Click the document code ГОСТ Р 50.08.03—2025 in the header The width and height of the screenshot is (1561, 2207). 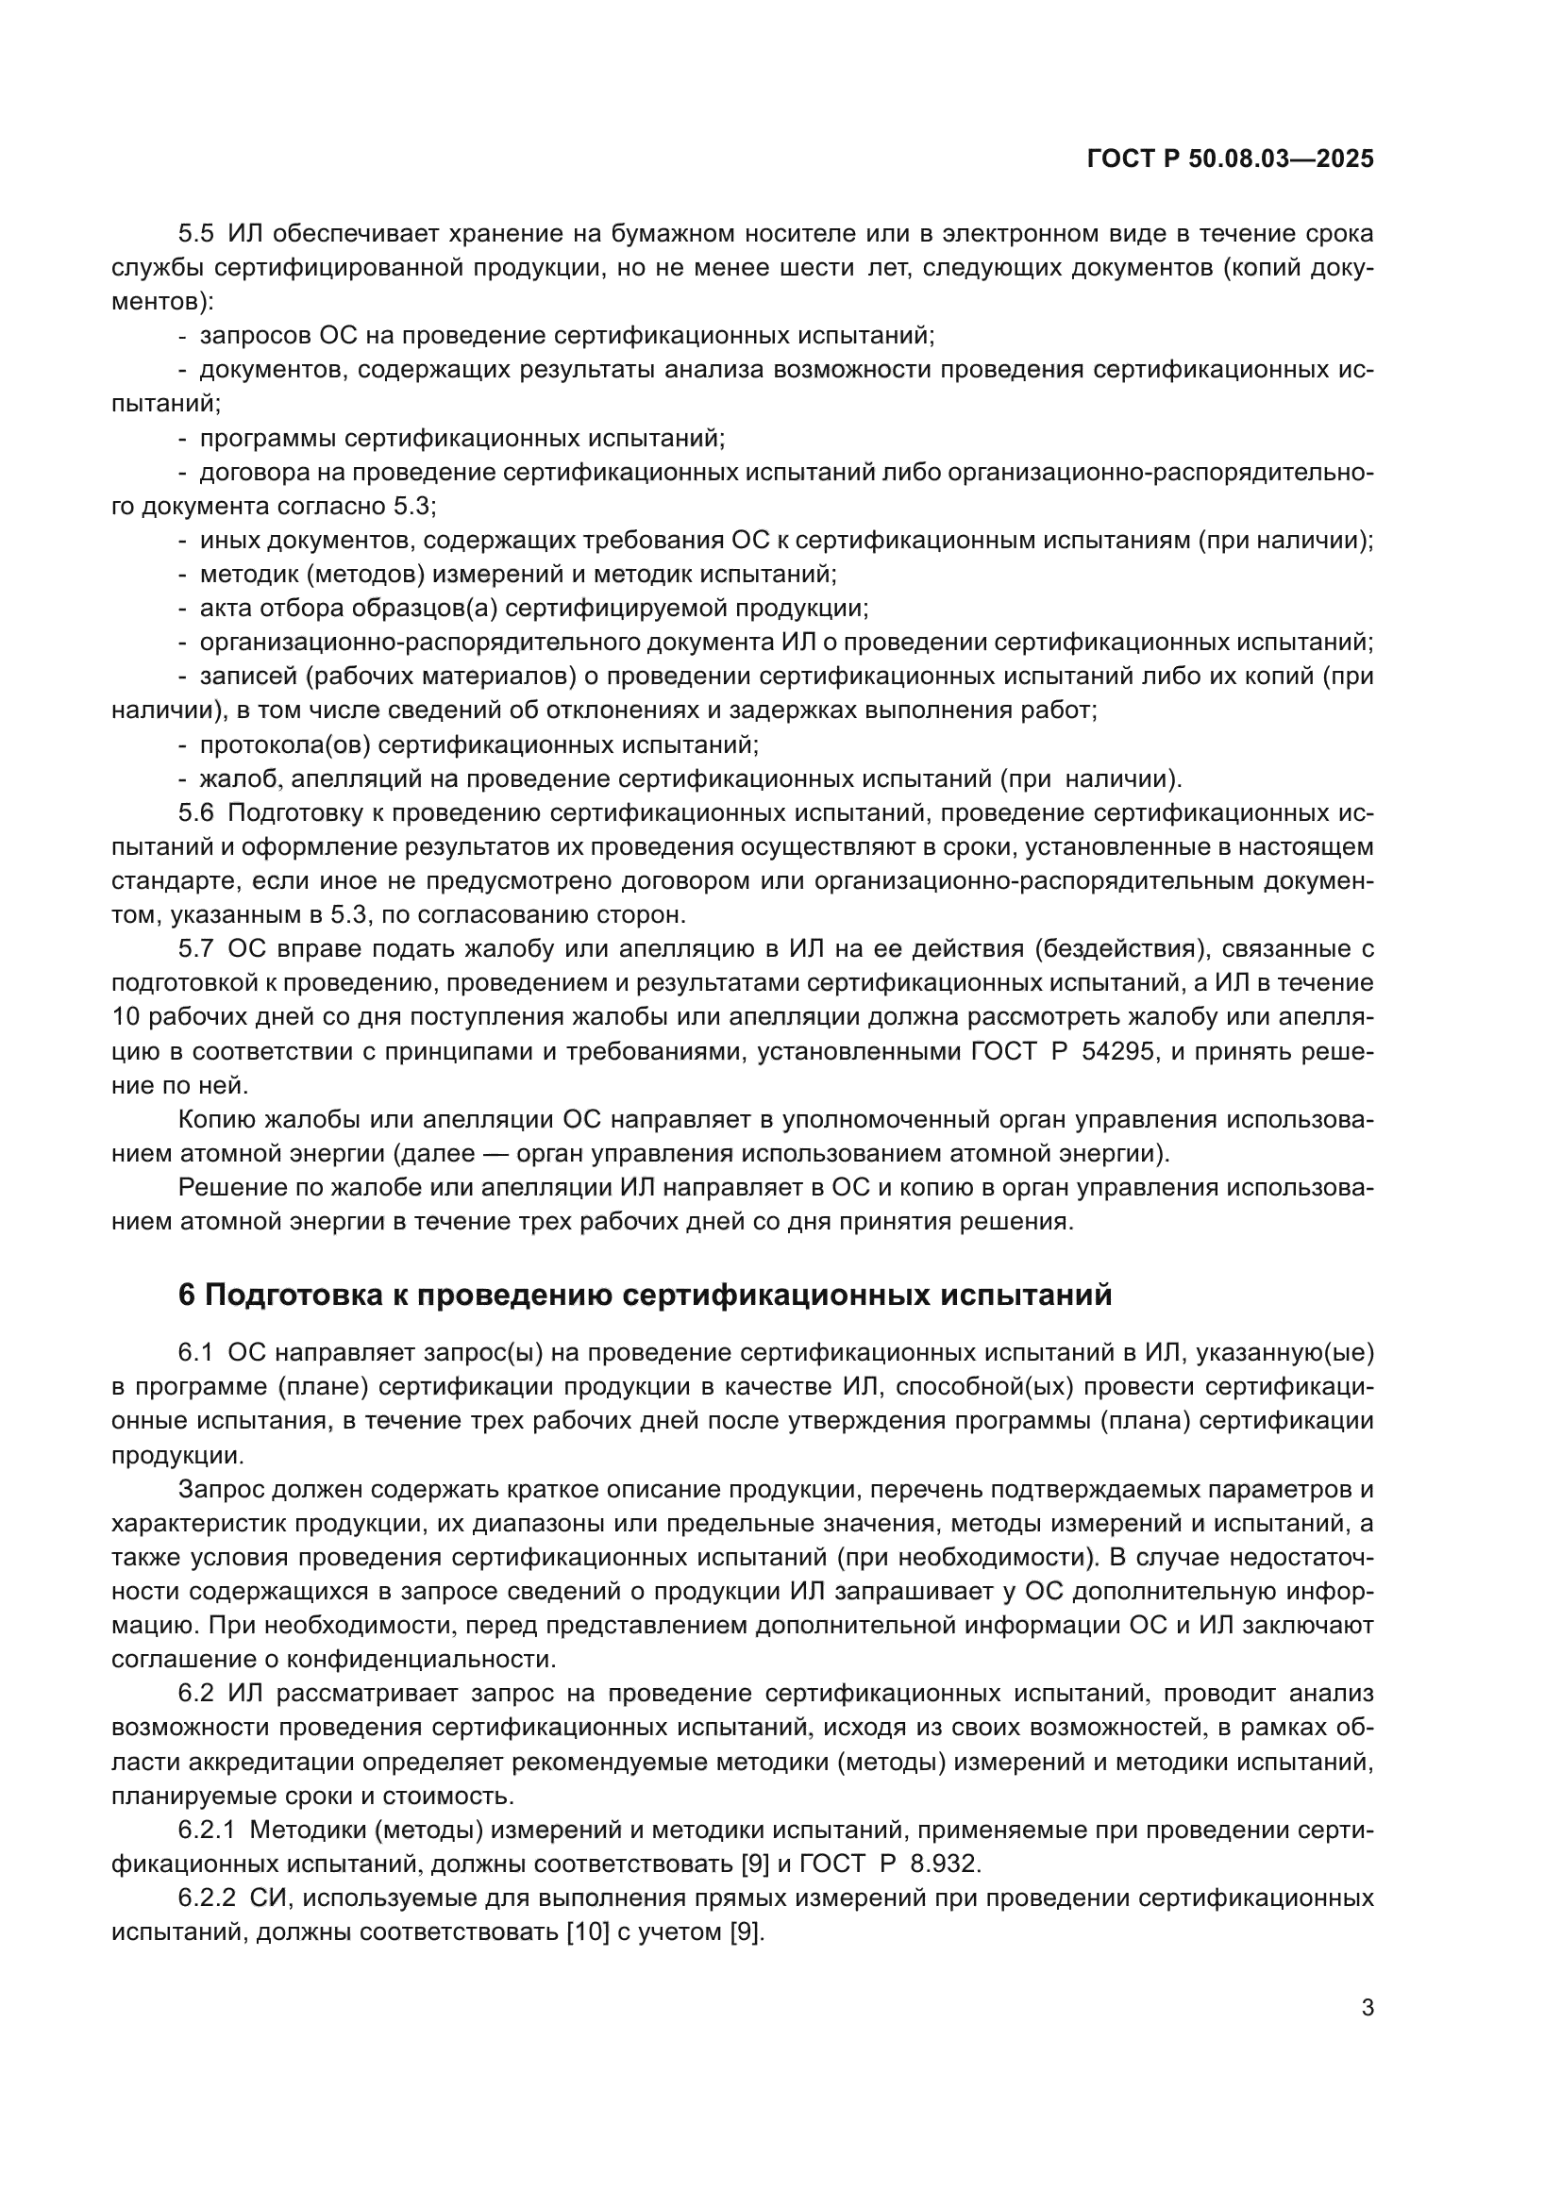pyautogui.click(x=1230, y=159)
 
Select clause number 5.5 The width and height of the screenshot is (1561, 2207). pyautogui.click(x=196, y=234)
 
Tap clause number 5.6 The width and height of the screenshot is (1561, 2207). pyautogui.click(x=196, y=813)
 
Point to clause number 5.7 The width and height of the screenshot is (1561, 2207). pyautogui.click(x=196, y=950)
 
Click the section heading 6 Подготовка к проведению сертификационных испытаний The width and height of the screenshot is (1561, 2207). pyautogui.click(x=645, y=1295)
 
